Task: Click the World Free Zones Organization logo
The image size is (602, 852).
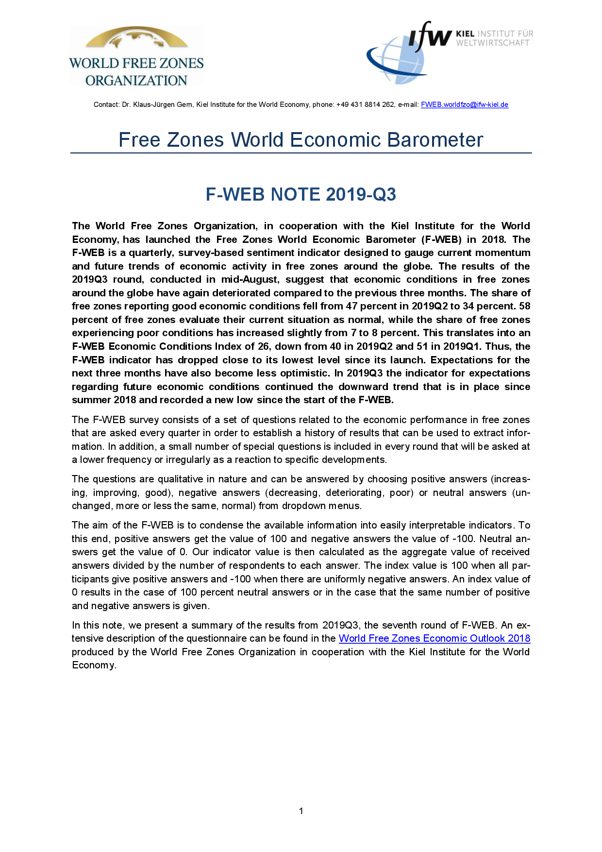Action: pyautogui.click(x=136, y=57)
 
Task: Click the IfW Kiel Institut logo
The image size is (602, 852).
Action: pyautogui.click(x=449, y=52)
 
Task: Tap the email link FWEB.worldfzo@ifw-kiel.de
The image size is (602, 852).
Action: pyautogui.click(x=464, y=104)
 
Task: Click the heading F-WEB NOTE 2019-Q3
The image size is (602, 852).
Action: pyautogui.click(x=301, y=194)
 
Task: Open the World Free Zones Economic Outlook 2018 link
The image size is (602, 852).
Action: pyautogui.click(x=434, y=638)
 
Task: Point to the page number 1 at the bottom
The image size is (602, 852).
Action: pyautogui.click(x=301, y=811)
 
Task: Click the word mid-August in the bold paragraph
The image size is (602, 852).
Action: pyautogui.click(x=250, y=279)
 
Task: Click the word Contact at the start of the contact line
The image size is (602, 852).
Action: pyautogui.click(x=106, y=104)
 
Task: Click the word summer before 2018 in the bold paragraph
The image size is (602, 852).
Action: pyautogui.click(x=91, y=400)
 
